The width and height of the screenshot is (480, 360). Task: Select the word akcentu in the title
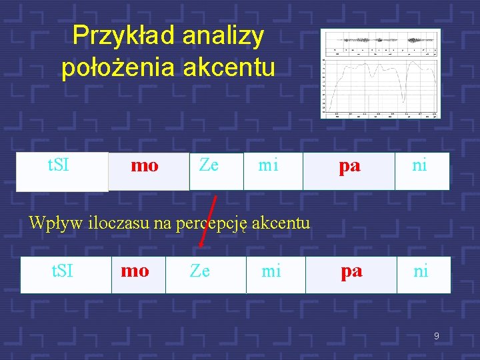230,67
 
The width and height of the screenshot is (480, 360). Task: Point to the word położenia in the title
118,67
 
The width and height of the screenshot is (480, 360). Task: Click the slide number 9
436,336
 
